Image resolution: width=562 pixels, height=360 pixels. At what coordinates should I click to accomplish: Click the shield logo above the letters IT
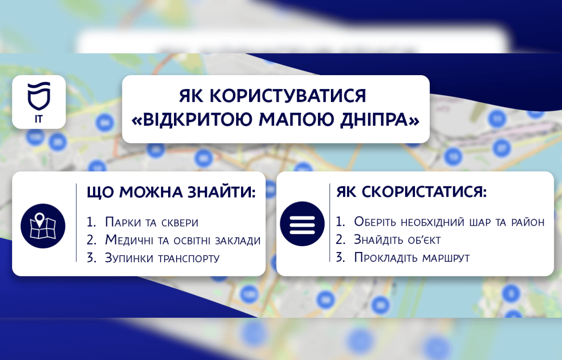pos(39,96)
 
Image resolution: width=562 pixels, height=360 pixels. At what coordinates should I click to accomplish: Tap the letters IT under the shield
pos(39,119)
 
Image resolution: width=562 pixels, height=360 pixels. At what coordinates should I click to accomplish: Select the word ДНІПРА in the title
pos(376,119)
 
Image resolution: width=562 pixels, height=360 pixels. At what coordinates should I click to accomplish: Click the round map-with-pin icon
pos(43,226)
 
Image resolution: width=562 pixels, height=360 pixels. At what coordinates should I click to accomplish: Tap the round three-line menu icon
pos(302,224)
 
